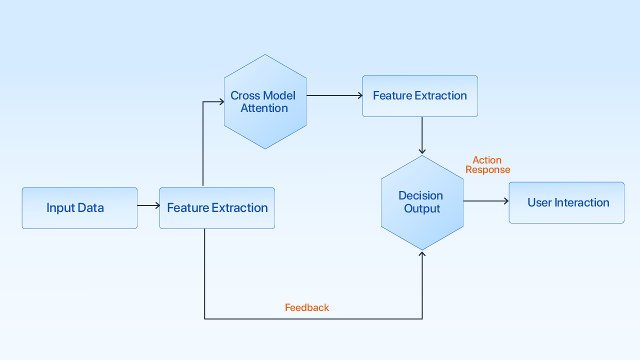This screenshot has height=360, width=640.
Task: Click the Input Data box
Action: pos(79,208)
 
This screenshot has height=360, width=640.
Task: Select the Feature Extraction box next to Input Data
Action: pos(217,208)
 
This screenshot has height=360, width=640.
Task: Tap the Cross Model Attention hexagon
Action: pos(265,101)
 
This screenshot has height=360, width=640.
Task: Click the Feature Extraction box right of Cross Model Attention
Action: pos(420,96)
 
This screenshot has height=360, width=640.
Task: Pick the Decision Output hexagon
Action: pos(422,202)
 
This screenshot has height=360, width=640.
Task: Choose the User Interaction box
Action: pos(566,202)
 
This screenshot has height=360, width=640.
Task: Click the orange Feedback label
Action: pos(307,307)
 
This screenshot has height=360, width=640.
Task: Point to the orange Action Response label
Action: pos(487,164)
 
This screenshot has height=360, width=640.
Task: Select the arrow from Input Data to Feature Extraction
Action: pos(148,205)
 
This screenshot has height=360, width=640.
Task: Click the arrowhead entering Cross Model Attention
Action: pos(221,102)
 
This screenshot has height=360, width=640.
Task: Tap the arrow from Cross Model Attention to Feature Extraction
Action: pos(334,95)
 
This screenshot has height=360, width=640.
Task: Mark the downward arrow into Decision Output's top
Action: pos(422,136)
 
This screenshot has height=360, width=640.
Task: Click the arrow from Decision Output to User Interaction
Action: pos(485,201)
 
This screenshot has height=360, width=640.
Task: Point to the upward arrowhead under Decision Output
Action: pos(422,254)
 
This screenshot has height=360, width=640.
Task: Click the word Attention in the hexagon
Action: pos(264,108)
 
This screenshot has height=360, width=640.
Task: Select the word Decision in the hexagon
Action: pos(420,195)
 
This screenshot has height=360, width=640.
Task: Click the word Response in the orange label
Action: pos(487,169)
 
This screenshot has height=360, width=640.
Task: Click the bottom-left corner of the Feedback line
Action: pos(204,318)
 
